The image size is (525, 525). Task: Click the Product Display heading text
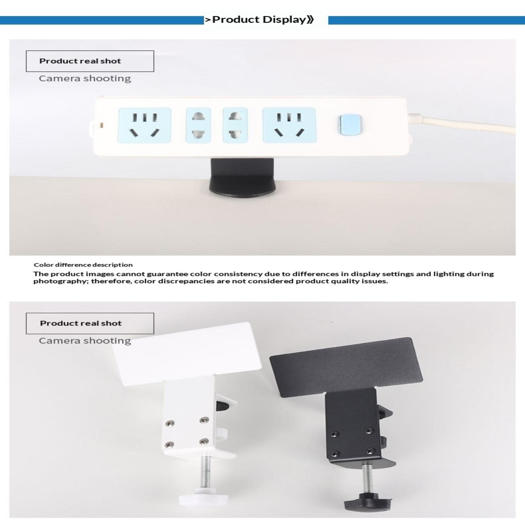point(259,20)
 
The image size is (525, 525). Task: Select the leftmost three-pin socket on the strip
point(145,125)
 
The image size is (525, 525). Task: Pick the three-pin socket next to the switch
point(289,125)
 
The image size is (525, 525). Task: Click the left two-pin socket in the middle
point(198,125)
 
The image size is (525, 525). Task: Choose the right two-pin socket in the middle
point(235,125)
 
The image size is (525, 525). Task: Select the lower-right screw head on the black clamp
point(371,451)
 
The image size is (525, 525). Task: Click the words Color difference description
point(83,265)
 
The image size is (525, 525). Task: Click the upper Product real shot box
point(90,61)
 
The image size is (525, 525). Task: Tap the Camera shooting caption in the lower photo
point(85,341)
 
